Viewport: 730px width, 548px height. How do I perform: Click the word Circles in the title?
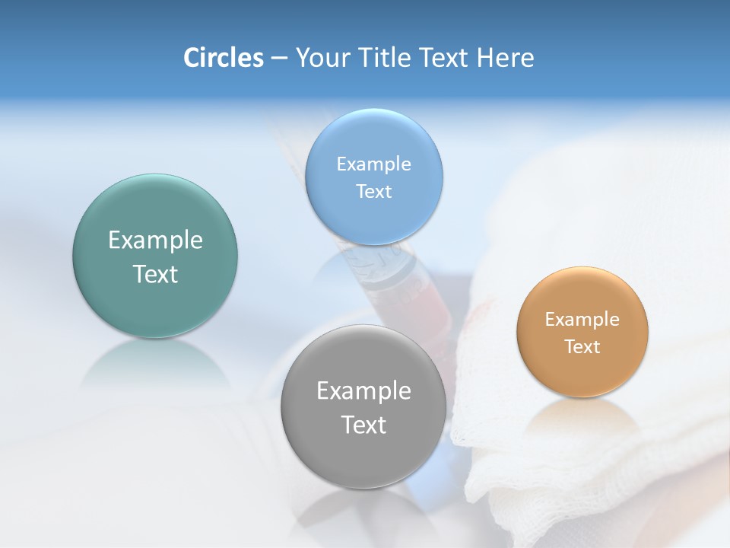223,58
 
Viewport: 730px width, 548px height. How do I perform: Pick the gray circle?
363,457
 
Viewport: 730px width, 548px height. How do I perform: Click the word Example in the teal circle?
155,241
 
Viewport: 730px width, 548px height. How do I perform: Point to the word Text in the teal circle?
155,274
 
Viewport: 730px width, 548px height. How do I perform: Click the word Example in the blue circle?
373,164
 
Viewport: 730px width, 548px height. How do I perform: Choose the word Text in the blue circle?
373,191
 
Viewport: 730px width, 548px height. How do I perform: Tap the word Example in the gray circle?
363,391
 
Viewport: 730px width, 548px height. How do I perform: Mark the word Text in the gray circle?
363,425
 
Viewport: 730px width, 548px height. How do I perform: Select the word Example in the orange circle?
582,319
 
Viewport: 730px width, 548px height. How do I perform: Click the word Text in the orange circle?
582,346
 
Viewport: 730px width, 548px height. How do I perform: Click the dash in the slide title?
278,59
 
